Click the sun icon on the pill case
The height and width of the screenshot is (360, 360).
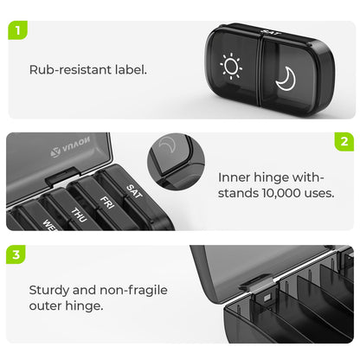point(232,66)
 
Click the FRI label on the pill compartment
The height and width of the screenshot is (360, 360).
point(107,203)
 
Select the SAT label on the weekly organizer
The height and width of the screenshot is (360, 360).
point(133,191)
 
